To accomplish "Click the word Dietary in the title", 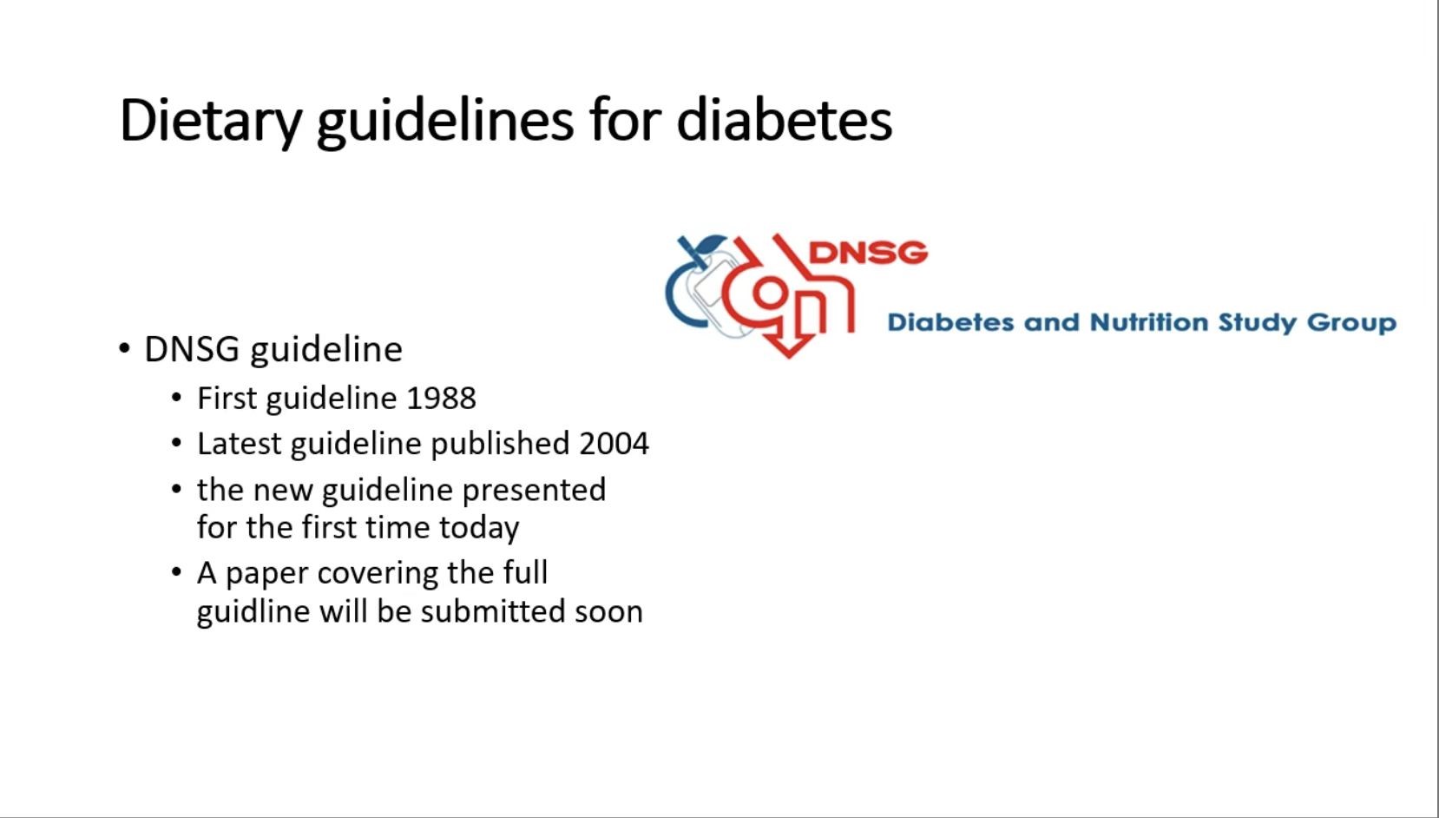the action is point(211,122).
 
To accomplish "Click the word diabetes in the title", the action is point(784,120).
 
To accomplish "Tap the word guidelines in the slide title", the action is point(444,122).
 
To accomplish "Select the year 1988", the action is point(442,399).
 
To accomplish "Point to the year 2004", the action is point(614,444).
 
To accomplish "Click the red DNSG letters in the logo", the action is point(869,253).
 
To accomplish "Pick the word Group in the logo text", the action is point(1351,323).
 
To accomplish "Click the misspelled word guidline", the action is point(253,611).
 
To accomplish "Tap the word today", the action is point(479,528).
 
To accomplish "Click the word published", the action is point(500,445).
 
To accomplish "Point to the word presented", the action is point(534,491).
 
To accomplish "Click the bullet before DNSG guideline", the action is point(125,349).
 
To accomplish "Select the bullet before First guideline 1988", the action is point(177,397).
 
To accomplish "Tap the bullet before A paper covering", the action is point(177,571).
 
